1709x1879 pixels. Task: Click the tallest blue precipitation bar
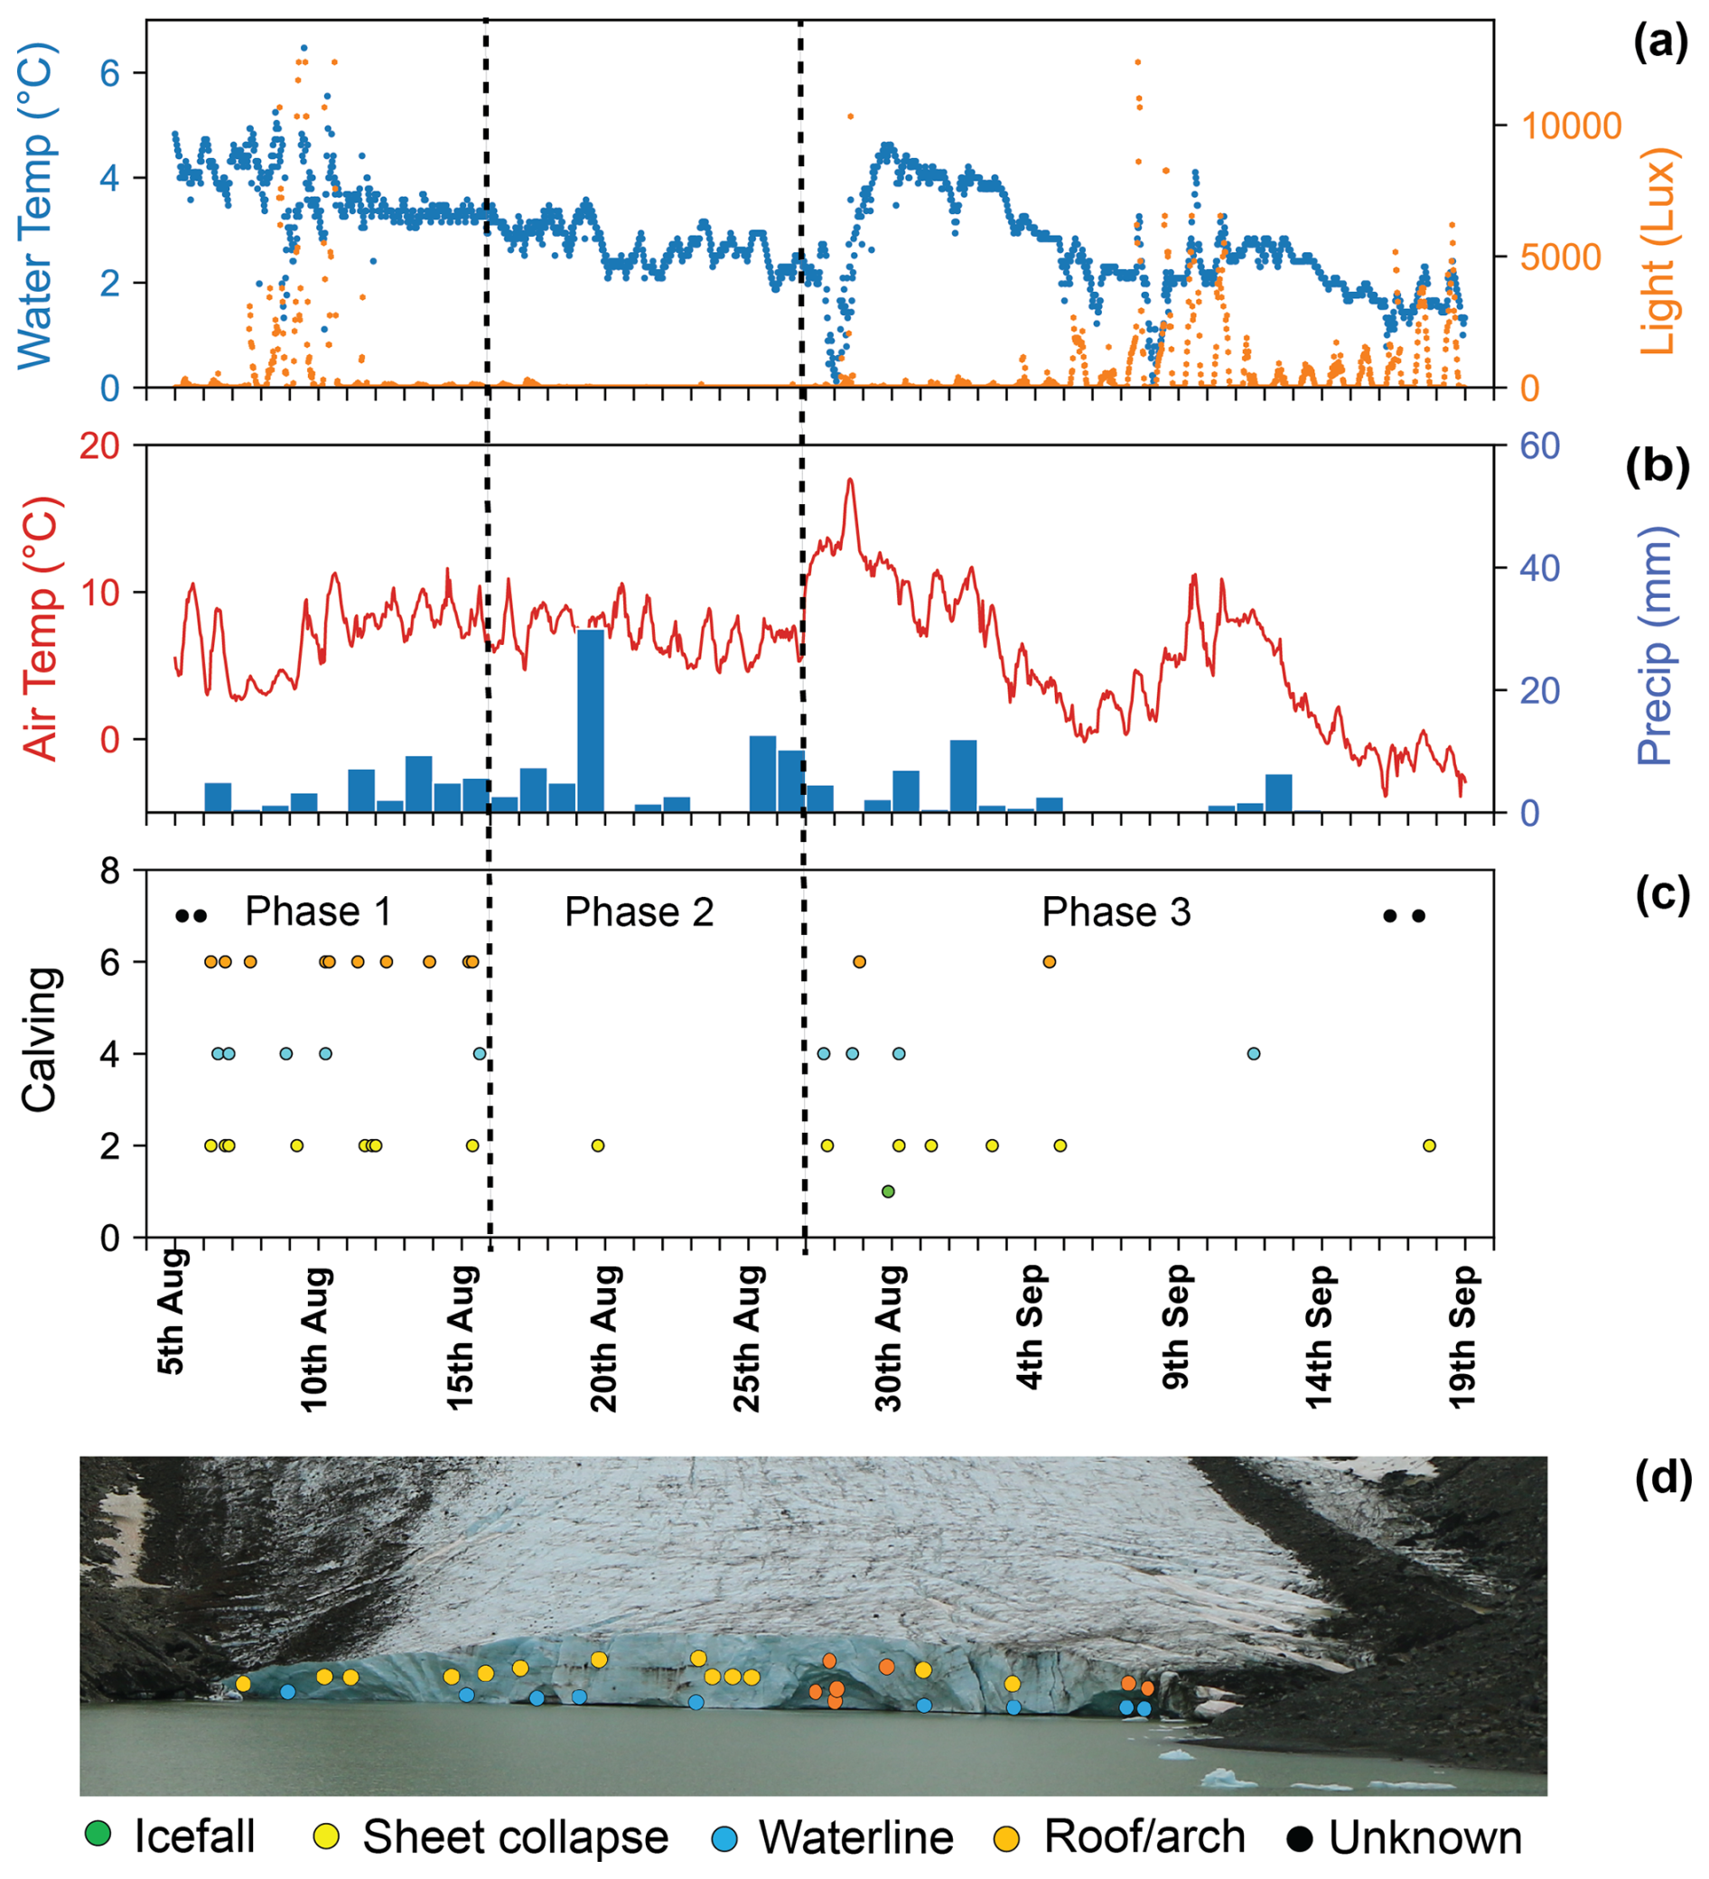click(x=591, y=721)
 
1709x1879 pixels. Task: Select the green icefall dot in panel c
click(x=888, y=1192)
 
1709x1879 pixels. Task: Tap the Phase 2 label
click(x=640, y=911)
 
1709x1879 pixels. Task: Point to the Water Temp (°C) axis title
click(x=36, y=205)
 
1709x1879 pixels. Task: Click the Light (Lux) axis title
click(x=1657, y=252)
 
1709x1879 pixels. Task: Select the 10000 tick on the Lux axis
click(x=1571, y=126)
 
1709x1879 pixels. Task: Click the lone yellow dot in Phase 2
click(x=598, y=1145)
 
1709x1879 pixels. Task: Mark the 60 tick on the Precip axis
click(x=1540, y=445)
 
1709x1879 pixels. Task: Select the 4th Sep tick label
click(x=1030, y=1326)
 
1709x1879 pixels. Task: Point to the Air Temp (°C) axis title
click(x=41, y=629)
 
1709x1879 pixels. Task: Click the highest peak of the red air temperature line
click(x=849, y=480)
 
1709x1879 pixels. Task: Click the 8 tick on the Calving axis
click(x=111, y=871)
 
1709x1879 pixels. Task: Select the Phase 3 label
click(x=1116, y=911)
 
